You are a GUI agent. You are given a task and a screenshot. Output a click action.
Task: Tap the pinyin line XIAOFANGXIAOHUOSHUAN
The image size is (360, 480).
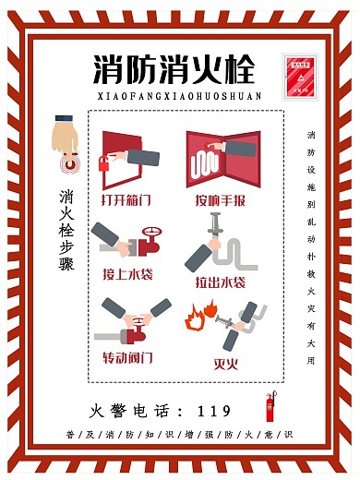click(x=179, y=95)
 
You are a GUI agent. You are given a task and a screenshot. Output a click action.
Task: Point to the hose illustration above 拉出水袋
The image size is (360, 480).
click(x=217, y=244)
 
